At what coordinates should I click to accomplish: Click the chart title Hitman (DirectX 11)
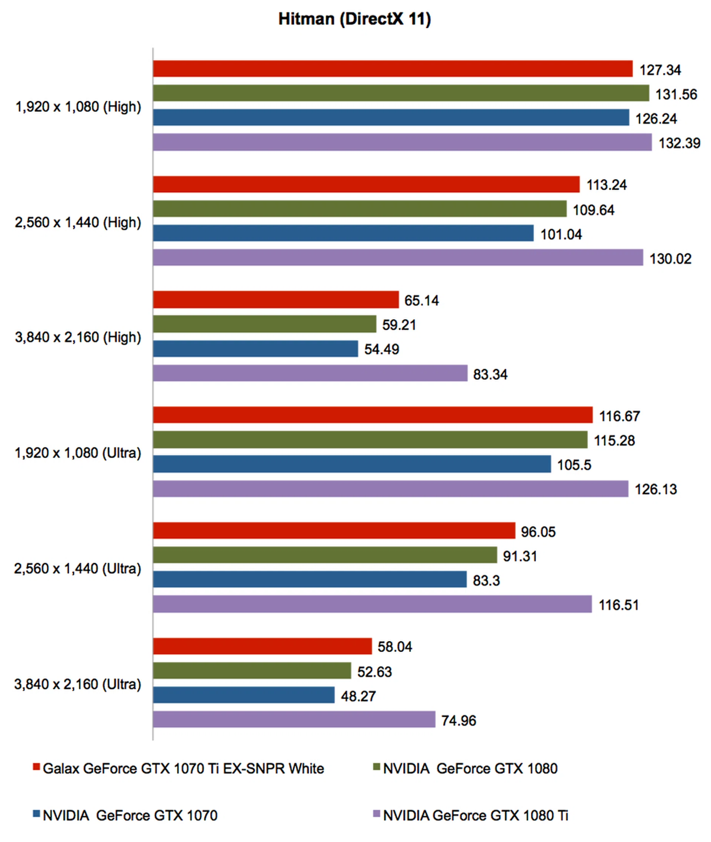[x=355, y=19]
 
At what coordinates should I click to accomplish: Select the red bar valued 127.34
[x=393, y=69]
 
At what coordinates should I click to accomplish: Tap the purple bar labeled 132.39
[x=402, y=142]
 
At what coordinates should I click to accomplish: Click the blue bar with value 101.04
[x=343, y=233]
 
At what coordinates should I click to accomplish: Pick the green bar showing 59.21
[x=264, y=324]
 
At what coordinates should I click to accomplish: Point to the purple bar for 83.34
[x=310, y=373]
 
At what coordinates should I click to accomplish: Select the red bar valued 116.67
[x=373, y=415]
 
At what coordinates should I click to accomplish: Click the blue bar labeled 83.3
[x=310, y=579]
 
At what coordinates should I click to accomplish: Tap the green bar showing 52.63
[x=252, y=670]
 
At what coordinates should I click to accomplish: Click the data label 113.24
[x=607, y=185]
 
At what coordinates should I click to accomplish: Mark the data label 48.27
[x=358, y=696]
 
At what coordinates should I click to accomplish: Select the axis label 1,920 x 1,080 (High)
[x=78, y=107]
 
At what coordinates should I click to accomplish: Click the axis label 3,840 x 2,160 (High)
[x=78, y=337]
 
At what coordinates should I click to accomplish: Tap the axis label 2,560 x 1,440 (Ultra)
[x=78, y=568]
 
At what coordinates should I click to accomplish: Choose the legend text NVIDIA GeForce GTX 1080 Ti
[x=475, y=815]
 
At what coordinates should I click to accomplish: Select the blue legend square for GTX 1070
[x=36, y=814]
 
